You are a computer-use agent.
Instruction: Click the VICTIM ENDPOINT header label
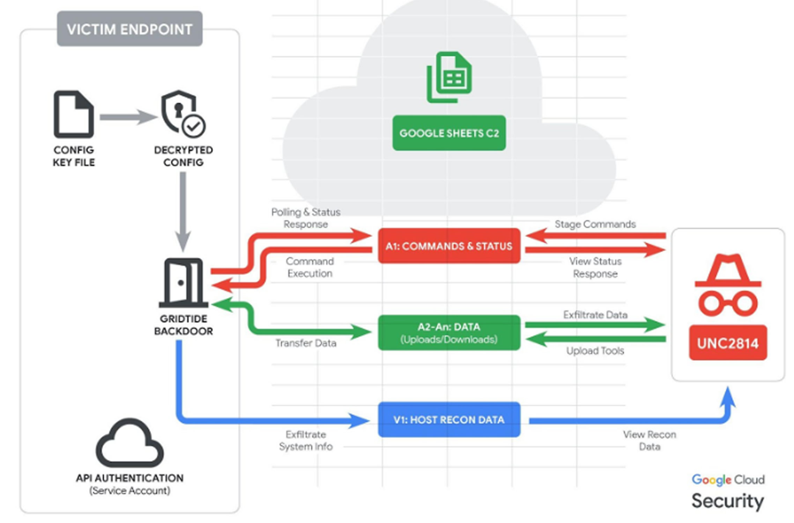click(x=129, y=29)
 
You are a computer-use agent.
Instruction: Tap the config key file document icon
click(x=74, y=114)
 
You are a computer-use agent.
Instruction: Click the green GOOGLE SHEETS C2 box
click(x=449, y=133)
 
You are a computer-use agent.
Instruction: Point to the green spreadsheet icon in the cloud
click(x=449, y=77)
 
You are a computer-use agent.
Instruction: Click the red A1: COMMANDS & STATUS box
click(x=449, y=246)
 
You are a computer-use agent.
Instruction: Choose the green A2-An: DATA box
click(x=449, y=332)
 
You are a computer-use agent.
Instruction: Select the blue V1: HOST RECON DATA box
click(x=449, y=419)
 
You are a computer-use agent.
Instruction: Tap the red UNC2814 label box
click(x=728, y=343)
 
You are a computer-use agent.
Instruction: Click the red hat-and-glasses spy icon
click(x=728, y=285)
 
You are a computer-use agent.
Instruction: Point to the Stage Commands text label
click(x=595, y=224)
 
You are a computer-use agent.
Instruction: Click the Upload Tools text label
click(x=595, y=351)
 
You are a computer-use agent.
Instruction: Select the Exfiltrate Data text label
click(x=595, y=315)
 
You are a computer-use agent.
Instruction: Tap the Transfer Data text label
click(x=306, y=343)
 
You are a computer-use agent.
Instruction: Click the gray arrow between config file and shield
click(x=128, y=117)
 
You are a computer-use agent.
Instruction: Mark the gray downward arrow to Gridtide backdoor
click(x=183, y=211)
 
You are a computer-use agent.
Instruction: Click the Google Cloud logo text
click(x=728, y=480)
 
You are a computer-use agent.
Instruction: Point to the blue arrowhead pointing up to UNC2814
click(x=728, y=398)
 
